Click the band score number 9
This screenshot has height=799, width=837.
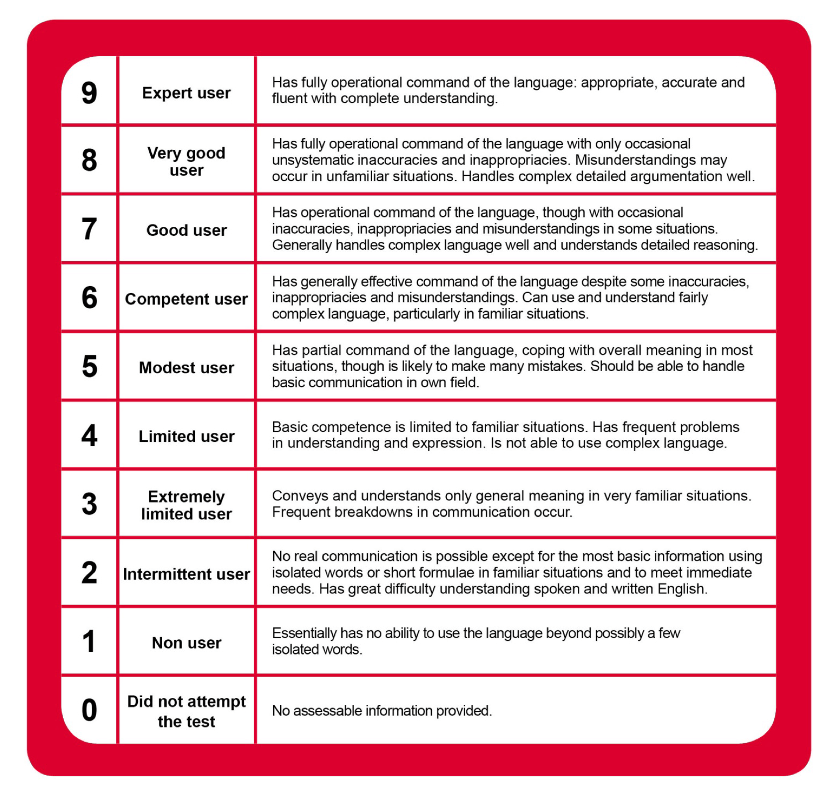[89, 93]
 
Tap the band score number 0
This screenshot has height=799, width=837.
[89, 710]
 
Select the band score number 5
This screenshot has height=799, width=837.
[90, 367]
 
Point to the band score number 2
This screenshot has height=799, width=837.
[89, 573]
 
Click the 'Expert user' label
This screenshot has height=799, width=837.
[186, 93]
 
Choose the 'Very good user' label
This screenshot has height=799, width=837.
[186, 161]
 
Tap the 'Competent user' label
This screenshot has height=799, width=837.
[186, 299]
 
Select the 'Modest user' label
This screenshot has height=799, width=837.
[186, 368]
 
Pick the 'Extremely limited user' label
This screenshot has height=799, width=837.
[186, 505]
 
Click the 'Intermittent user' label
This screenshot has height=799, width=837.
[186, 574]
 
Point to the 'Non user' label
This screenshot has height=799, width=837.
[186, 643]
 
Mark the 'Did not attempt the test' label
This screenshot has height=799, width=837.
[186, 711]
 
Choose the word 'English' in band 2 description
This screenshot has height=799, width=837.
[682, 589]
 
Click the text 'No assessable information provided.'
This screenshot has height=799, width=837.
[382, 711]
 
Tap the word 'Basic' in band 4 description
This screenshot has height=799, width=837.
[290, 427]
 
